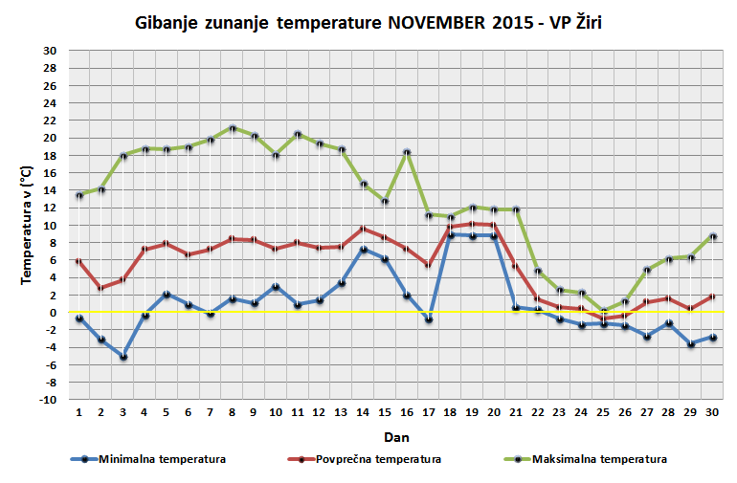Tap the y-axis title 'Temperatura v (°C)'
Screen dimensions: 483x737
[28, 226]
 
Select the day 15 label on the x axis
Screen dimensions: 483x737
[385, 413]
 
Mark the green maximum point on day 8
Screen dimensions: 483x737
[232, 128]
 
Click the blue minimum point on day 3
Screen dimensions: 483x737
[123, 357]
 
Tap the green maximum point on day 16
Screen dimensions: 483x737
[407, 153]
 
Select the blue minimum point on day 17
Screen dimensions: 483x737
[429, 319]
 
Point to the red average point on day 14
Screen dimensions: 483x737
[363, 229]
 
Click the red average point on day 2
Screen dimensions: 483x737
[101, 287]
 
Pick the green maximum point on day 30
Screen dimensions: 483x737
[711, 236]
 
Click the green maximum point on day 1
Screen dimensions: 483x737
[79, 195]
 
